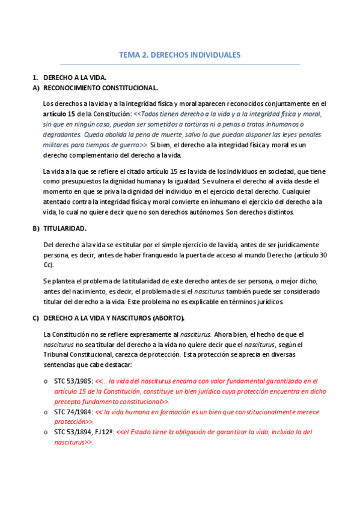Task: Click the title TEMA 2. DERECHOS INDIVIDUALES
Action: (180, 55)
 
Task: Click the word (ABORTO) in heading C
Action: (169, 318)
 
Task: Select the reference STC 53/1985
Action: (73, 381)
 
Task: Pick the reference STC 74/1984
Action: (73, 412)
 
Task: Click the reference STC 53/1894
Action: (73, 432)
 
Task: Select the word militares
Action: (58, 145)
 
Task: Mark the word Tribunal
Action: (58, 354)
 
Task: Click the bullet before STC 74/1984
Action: (46, 413)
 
